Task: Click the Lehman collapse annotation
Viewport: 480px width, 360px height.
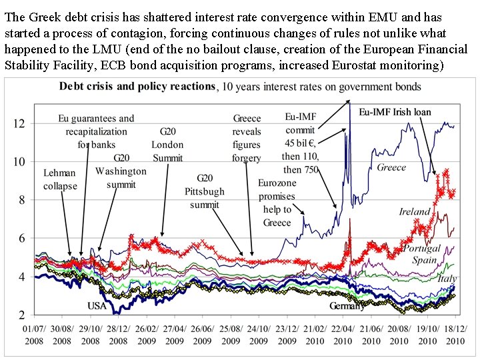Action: (60, 179)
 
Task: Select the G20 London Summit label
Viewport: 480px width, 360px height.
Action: (167, 145)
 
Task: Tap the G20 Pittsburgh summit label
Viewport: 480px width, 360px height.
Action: (205, 191)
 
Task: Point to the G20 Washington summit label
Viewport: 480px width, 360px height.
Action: (121, 171)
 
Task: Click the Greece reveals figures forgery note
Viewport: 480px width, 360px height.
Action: (247, 138)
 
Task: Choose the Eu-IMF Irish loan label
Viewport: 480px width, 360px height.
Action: (395, 112)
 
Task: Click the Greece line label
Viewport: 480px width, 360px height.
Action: (391, 167)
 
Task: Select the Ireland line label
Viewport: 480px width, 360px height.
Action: (415, 212)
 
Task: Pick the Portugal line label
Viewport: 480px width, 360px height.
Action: (422, 249)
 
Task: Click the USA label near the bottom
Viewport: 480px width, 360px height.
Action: (96, 305)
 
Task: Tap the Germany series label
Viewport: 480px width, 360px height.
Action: (347, 306)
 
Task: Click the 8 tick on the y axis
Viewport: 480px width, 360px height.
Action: (22, 200)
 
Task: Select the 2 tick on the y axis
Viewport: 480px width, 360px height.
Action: (22, 315)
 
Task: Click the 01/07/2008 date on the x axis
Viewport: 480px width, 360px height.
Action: (34, 335)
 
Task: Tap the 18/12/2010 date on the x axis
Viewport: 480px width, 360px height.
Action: (456, 335)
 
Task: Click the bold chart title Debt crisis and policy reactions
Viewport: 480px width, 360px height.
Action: (137, 86)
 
